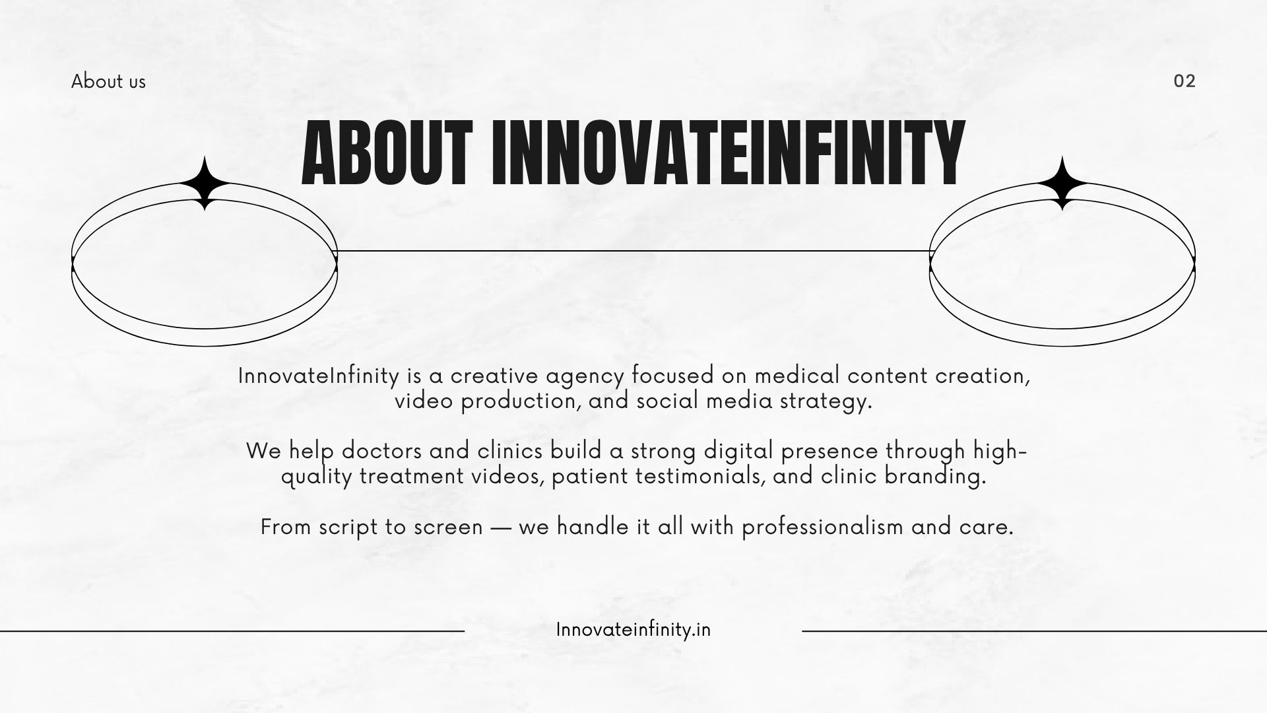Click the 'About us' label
pyautogui.click(x=108, y=81)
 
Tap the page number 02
pyautogui.click(x=1185, y=81)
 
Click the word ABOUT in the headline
pyautogui.click(x=387, y=154)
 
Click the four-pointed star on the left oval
pyautogui.click(x=205, y=184)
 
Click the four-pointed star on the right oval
pyautogui.click(x=1062, y=184)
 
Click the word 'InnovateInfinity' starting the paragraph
pyautogui.click(x=319, y=376)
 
